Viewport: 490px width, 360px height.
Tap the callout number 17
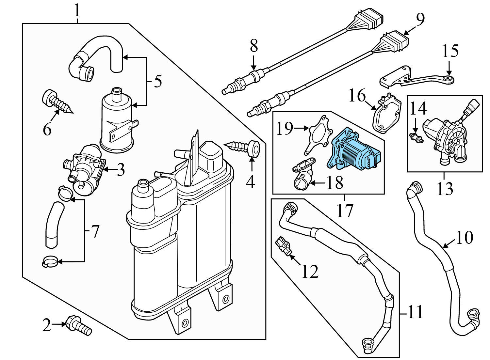[345, 211]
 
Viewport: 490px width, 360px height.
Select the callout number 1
[77, 11]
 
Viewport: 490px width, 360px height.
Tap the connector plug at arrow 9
[395, 42]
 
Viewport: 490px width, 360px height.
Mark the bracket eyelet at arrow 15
[450, 80]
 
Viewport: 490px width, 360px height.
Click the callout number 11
[415, 312]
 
